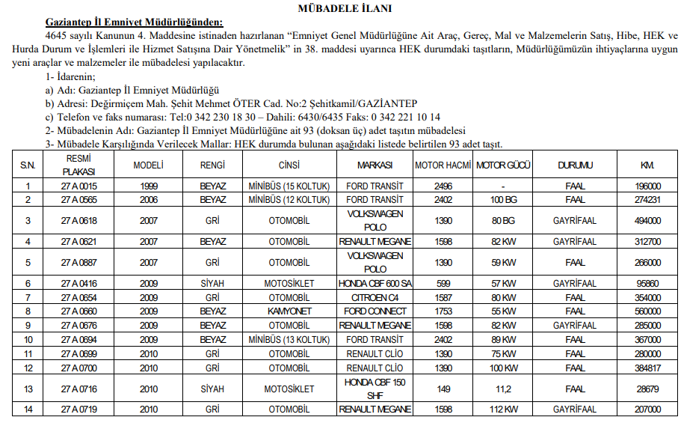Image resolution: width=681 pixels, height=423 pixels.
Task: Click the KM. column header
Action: (x=647, y=165)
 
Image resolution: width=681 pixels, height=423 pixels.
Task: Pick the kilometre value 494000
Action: (x=647, y=221)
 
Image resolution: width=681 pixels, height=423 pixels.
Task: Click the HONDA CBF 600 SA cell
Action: (x=375, y=284)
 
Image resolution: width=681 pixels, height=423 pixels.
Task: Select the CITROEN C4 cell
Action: (x=375, y=298)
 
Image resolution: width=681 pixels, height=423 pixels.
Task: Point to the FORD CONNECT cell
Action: (x=375, y=311)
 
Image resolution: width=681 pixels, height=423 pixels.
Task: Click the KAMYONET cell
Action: (x=289, y=311)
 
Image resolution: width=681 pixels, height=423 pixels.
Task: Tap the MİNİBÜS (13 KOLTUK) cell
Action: (x=289, y=339)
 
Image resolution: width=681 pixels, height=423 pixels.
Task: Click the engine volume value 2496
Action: (x=444, y=186)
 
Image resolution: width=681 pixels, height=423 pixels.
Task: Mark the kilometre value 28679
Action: (x=647, y=389)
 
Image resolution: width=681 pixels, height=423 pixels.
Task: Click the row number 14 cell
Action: (x=28, y=410)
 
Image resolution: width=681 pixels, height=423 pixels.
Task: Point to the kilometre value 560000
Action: (x=647, y=311)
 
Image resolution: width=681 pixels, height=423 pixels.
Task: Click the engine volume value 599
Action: (x=444, y=284)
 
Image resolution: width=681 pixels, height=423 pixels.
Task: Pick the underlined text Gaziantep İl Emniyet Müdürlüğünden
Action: (x=134, y=22)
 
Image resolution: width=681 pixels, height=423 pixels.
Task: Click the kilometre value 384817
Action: (x=647, y=368)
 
